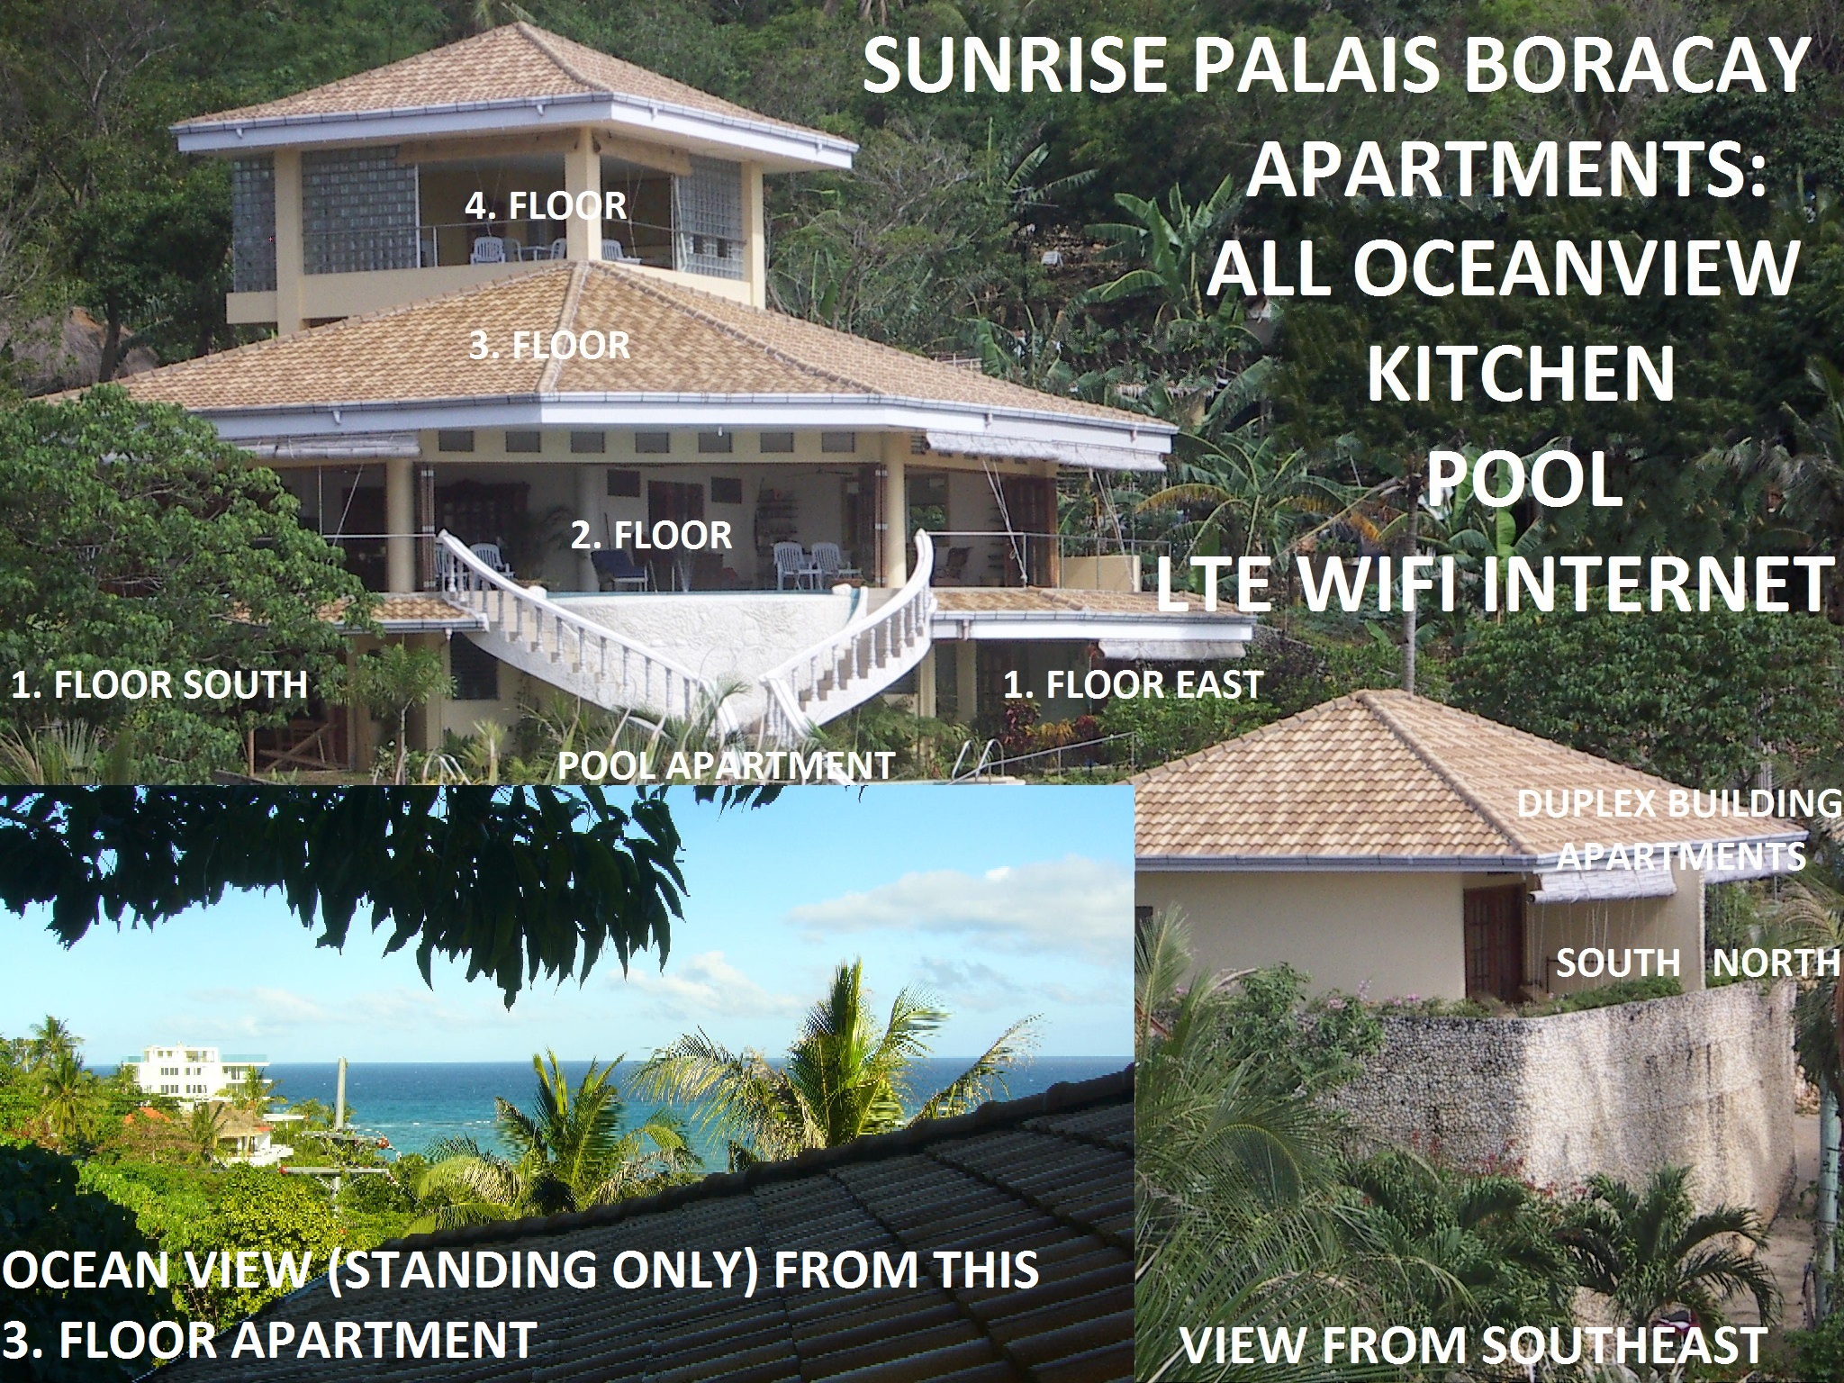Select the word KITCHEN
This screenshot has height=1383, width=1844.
click(1521, 374)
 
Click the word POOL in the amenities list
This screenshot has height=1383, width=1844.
click(1521, 480)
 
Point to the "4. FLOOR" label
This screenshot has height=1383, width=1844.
click(546, 206)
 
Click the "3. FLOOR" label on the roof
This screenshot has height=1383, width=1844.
click(549, 345)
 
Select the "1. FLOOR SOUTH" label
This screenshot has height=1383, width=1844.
click(159, 685)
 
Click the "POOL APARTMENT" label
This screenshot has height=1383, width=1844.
click(727, 765)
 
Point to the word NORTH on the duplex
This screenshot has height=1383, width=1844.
click(1776, 963)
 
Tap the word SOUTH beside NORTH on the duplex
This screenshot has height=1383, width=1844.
click(1619, 963)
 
